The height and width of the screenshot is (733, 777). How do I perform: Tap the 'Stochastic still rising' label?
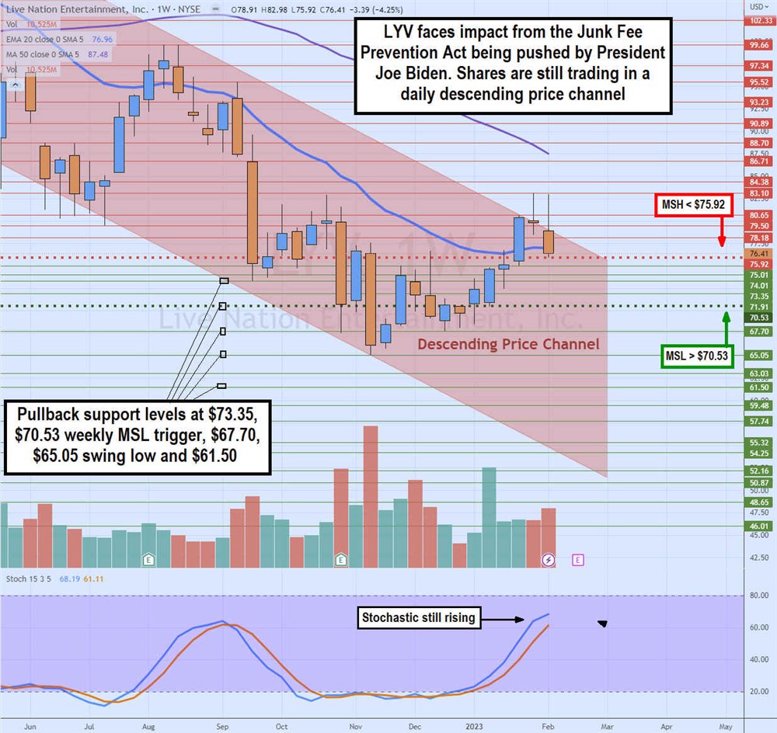pos(419,618)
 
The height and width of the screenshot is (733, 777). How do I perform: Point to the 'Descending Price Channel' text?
pos(508,344)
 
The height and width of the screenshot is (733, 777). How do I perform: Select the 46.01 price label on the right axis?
pos(759,526)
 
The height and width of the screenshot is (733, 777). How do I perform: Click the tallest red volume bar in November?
pos(371,497)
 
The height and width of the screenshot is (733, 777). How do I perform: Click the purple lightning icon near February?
pos(549,559)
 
